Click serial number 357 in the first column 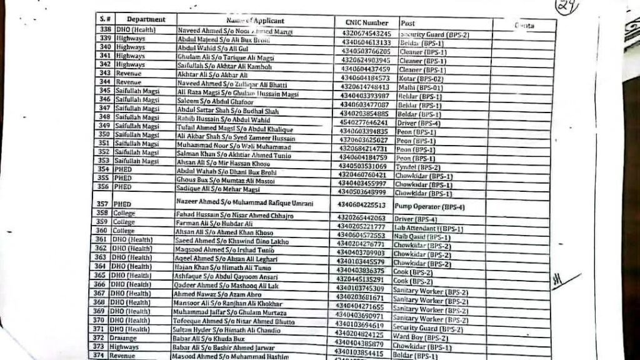coord(102,204)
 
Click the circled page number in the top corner coord(567,6)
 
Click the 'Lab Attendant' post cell coord(425,229)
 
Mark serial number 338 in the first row coord(105,29)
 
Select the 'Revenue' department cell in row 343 coord(127,73)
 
